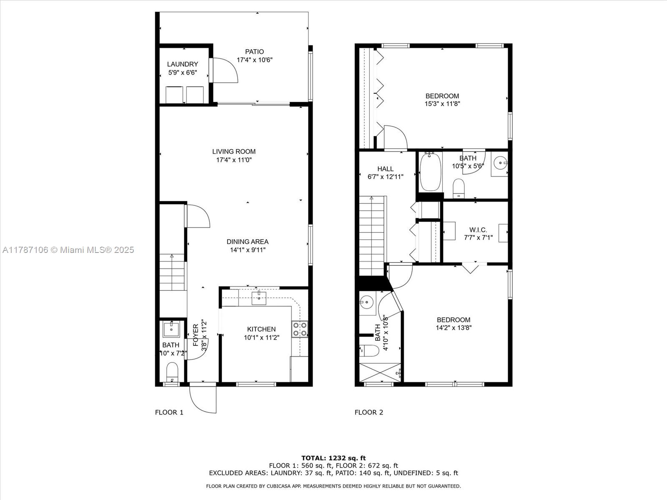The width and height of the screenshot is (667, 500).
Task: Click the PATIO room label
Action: (254, 52)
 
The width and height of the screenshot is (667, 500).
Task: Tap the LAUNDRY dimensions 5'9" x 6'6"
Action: (183, 72)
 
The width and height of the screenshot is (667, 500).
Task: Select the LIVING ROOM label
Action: (234, 152)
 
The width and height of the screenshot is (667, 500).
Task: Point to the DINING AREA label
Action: (247, 242)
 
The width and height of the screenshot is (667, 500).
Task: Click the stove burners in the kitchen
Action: (300, 329)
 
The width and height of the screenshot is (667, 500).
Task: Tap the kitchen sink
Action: (259, 298)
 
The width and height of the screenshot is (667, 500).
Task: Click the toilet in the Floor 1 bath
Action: (172, 372)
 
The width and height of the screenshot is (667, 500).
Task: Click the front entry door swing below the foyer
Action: (203, 399)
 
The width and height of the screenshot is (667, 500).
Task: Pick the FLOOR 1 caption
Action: (169, 412)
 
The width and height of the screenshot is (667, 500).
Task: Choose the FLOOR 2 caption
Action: (369, 412)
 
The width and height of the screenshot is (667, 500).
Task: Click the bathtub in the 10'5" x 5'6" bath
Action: (430, 172)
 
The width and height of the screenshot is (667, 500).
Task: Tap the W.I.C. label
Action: (478, 230)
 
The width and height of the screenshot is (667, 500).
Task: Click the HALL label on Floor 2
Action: (385, 169)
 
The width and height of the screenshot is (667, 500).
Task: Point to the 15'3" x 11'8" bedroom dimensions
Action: (442, 104)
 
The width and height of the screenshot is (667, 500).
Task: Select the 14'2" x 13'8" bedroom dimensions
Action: (454, 327)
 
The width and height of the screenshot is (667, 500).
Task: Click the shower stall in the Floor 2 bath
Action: (380, 372)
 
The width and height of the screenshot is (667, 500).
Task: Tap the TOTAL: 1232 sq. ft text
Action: (333, 458)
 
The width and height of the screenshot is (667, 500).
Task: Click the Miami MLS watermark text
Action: (68, 250)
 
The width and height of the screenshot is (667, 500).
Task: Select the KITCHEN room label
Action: (261, 329)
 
